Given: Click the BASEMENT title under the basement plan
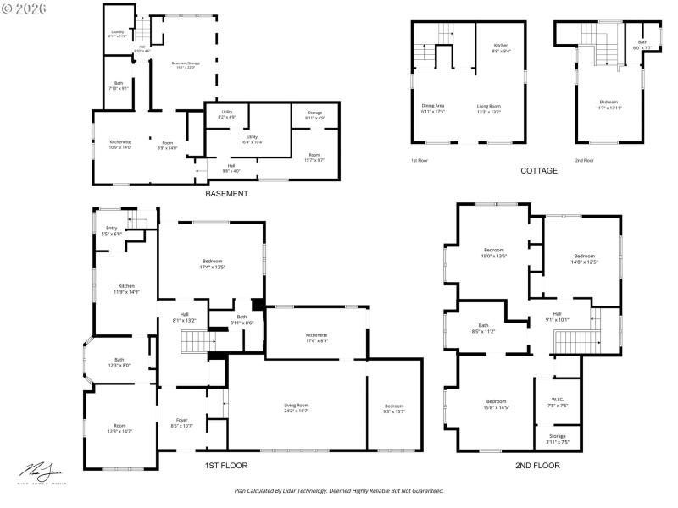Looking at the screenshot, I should tap(226, 194).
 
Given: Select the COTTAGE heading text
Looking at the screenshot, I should tap(538, 170).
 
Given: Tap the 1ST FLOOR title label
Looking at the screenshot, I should tap(226, 465).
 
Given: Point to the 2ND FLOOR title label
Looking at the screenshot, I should tap(537, 465).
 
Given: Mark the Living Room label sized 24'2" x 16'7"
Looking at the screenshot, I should tap(296, 408).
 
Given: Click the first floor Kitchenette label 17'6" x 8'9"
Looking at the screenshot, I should tap(316, 337).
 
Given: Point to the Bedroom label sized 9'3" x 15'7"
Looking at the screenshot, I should tap(393, 408).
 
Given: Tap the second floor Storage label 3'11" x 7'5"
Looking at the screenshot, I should tap(558, 438).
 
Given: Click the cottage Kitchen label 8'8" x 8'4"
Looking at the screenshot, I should tap(502, 47).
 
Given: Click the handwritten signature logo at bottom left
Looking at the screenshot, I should tap(41, 471).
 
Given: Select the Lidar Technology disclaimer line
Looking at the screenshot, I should tap(339, 490).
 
